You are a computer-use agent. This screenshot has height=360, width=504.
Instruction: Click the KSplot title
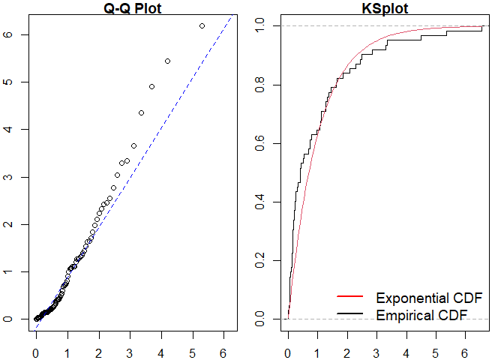pos(385,8)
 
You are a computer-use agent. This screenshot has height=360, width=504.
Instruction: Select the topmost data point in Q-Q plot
pos(202,25)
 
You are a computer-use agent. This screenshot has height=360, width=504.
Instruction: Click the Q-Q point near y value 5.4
pos(167,61)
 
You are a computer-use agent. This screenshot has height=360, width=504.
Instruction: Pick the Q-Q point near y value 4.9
pos(151,86)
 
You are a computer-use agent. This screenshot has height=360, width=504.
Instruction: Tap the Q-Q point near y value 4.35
pos(141,112)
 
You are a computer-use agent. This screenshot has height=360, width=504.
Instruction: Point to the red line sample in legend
pos(351,297)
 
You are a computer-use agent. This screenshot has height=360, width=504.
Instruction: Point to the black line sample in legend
pos(351,314)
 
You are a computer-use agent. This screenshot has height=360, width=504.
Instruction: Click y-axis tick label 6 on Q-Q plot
pos(6,34)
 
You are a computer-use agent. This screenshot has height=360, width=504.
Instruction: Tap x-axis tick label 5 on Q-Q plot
pos(193,350)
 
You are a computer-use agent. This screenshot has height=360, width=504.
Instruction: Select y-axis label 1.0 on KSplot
pos(259,25)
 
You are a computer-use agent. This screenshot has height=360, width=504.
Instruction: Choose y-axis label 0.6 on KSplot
pos(259,143)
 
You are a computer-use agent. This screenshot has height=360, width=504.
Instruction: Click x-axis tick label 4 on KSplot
pos(406,350)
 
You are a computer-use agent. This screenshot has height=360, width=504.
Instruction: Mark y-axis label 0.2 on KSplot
pos(259,260)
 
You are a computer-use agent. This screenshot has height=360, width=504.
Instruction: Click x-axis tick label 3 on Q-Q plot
pos(130,350)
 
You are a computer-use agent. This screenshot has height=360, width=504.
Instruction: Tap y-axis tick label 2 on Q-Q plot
pos(6,224)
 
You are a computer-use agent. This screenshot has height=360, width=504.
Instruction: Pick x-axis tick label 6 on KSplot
pos(465,350)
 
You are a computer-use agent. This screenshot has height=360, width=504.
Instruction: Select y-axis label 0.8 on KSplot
pos(259,85)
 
